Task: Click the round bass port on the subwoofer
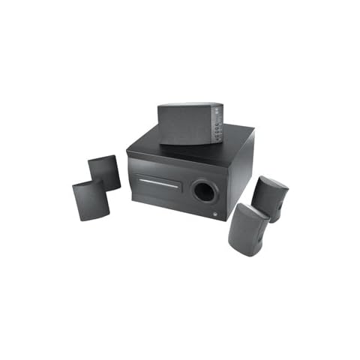203,190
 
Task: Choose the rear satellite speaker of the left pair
104,172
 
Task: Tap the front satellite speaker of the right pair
247,228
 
